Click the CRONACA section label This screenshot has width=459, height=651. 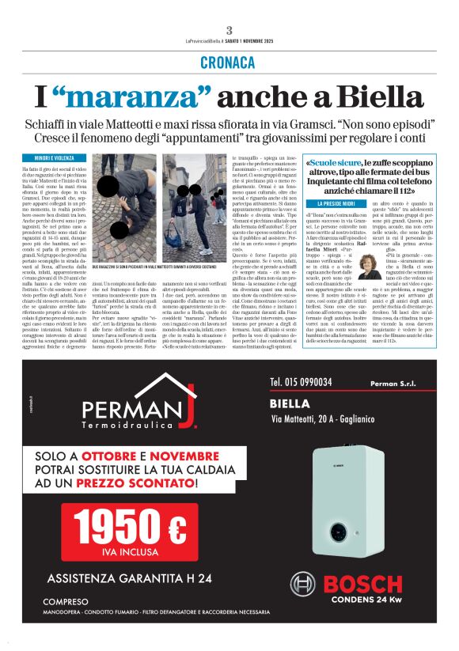[229, 61]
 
